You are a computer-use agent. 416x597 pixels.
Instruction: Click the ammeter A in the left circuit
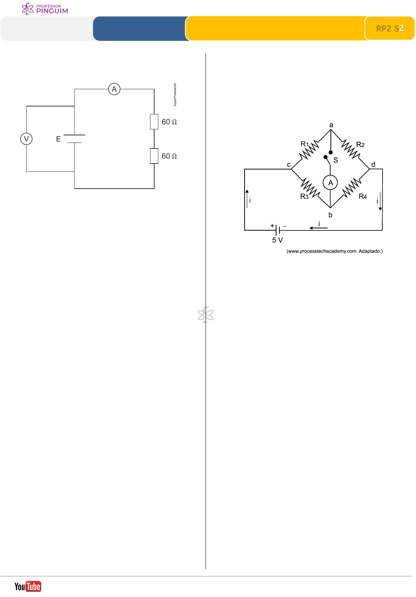click(x=114, y=89)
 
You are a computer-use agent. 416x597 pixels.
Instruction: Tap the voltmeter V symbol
click(x=26, y=139)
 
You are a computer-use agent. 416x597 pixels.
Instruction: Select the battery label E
click(x=59, y=139)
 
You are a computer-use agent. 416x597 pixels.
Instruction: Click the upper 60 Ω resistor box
click(x=154, y=122)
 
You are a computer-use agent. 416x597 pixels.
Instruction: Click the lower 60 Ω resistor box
click(x=154, y=156)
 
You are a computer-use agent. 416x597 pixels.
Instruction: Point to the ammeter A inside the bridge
click(x=330, y=183)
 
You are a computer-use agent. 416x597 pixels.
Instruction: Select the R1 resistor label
click(x=305, y=144)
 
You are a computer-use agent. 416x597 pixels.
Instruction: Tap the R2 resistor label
click(x=360, y=144)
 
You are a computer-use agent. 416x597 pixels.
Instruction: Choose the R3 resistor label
click(x=304, y=196)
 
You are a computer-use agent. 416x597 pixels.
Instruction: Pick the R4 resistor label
click(x=363, y=196)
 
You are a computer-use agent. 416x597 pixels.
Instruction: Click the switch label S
click(x=336, y=160)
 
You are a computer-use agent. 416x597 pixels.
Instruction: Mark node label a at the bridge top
click(x=331, y=125)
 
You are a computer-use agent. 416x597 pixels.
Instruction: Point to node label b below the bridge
click(x=330, y=215)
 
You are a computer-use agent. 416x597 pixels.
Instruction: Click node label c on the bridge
click(x=289, y=165)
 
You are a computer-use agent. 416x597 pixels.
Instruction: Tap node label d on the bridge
click(x=373, y=165)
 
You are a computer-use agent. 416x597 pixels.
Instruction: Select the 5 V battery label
click(x=278, y=240)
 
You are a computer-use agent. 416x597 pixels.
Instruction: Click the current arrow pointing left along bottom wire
click(x=318, y=228)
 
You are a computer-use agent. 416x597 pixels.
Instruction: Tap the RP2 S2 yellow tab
click(x=390, y=28)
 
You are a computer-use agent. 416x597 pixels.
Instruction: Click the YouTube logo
click(x=28, y=586)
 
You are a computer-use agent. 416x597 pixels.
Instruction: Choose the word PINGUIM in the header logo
click(x=52, y=11)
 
